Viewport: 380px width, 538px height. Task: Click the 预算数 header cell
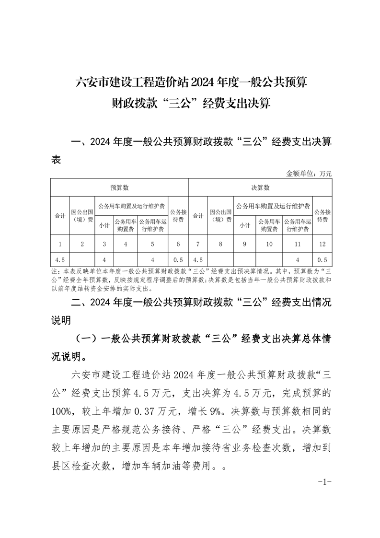click(x=119, y=187)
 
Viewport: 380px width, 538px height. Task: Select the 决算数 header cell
click(x=260, y=187)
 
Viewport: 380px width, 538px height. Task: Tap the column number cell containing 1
click(x=60, y=245)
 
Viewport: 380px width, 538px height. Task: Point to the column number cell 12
click(x=322, y=245)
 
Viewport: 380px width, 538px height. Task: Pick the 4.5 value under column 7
click(x=198, y=260)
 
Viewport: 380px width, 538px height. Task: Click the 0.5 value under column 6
click(x=178, y=260)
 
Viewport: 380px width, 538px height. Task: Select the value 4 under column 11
click(x=298, y=260)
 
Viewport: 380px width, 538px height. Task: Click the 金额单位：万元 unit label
click(x=309, y=173)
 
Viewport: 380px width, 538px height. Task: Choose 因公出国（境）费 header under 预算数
click(x=82, y=216)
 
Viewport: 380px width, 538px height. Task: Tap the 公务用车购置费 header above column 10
click(x=269, y=225)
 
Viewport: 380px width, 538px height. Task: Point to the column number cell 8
click(x=220, y=245)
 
